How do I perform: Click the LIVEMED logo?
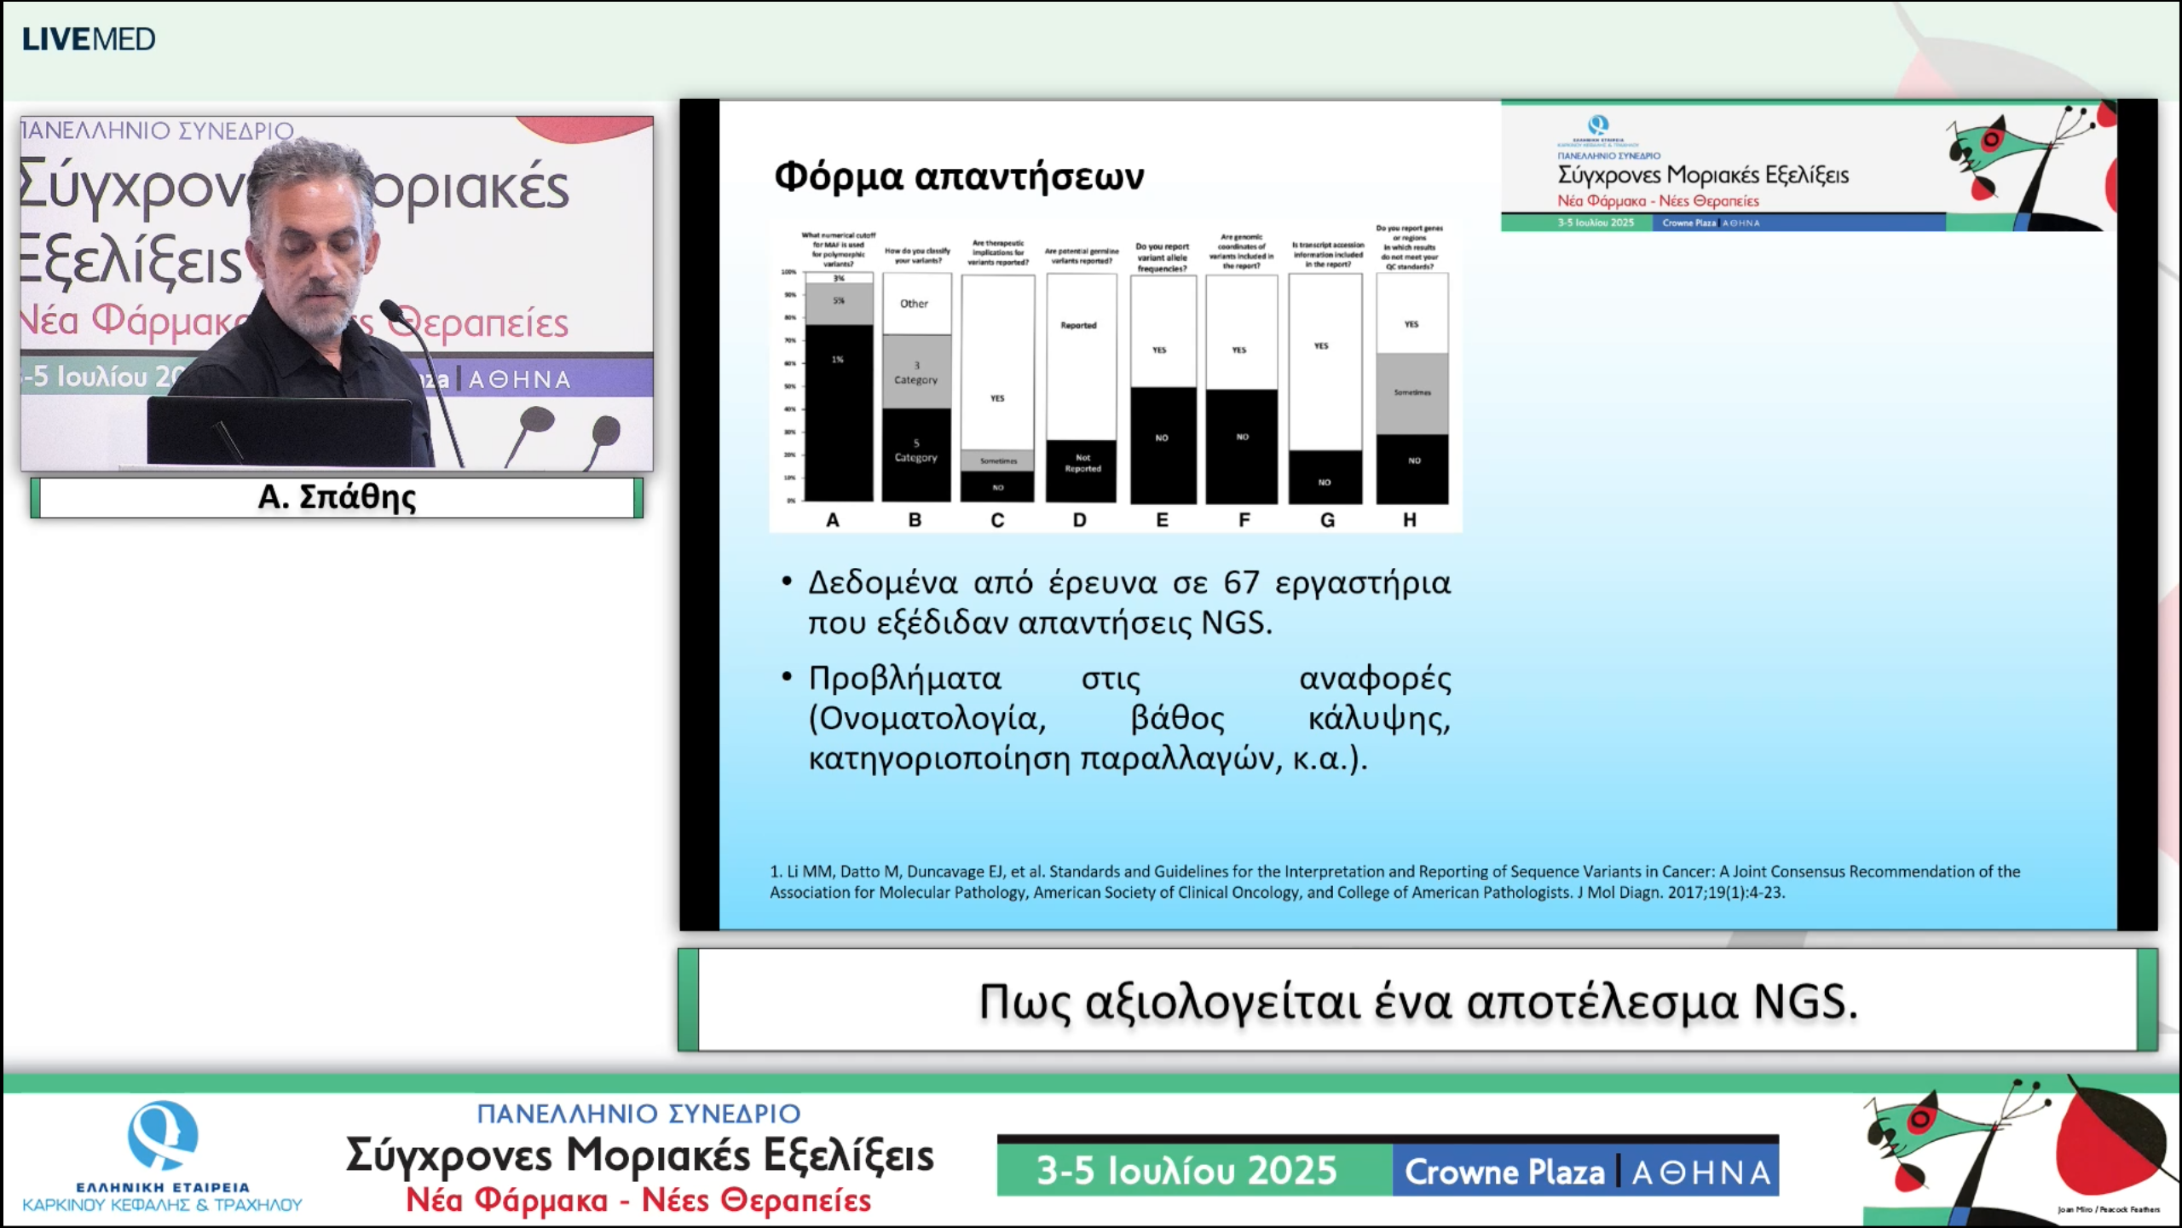[89, 39]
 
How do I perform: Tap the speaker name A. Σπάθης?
[337, 497]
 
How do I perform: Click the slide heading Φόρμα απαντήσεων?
[959, 177]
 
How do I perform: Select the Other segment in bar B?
[915, 304]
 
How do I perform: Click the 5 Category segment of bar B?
[916, 452]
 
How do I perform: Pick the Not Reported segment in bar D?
[1082, 465]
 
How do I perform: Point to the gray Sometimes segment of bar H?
[1412, 393]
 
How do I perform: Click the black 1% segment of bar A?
[839, 409]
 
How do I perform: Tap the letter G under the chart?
[1327, 520]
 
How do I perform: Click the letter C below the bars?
[997, 520]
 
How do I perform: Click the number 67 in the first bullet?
[1241, 582]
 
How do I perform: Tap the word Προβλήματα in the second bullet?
[904, 679]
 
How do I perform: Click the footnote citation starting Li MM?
[1394, 882]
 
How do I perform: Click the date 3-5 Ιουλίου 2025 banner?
[1186, 1170]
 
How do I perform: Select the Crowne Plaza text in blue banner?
[1504, 1172]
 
